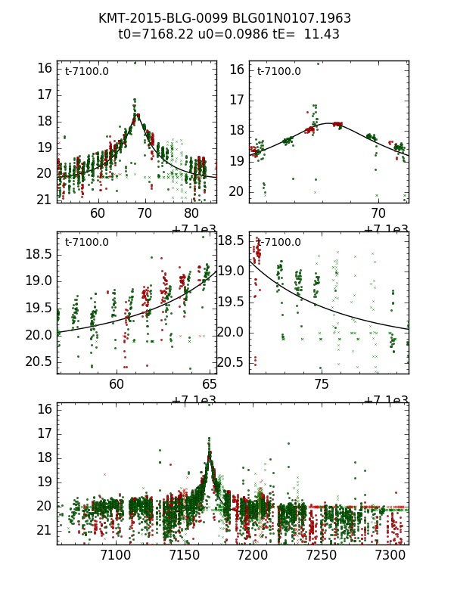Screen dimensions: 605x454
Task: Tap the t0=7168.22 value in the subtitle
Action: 155,34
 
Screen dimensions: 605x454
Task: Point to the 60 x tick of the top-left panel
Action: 98,214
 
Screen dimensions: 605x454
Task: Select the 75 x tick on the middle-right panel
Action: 322,385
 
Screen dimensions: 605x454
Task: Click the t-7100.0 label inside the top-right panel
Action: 279,72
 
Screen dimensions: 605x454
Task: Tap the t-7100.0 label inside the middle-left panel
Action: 87,243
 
